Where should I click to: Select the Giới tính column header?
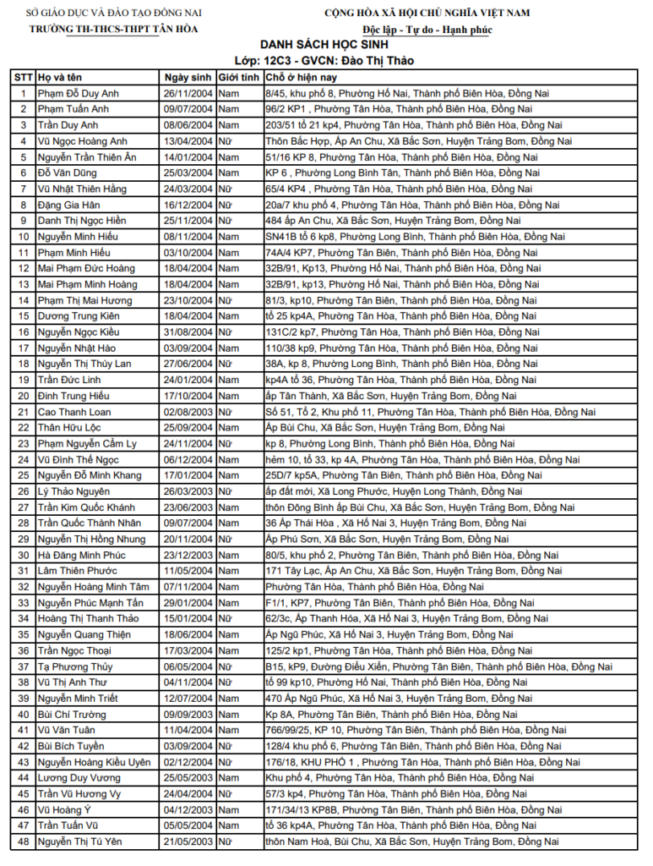(238, 77)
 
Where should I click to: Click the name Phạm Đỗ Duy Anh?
(78, 93)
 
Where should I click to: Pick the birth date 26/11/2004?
(188, 93)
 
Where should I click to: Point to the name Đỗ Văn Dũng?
(67, 173)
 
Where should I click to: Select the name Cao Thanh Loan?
(74, 412)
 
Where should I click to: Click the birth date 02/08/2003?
(188, 412)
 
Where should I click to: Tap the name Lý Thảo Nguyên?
(73, 491)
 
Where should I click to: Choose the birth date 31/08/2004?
(188, 332)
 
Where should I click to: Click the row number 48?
(24, 841)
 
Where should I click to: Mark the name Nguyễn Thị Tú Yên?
(80, 841)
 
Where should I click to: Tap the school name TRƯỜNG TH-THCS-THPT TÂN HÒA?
(113, 29)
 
